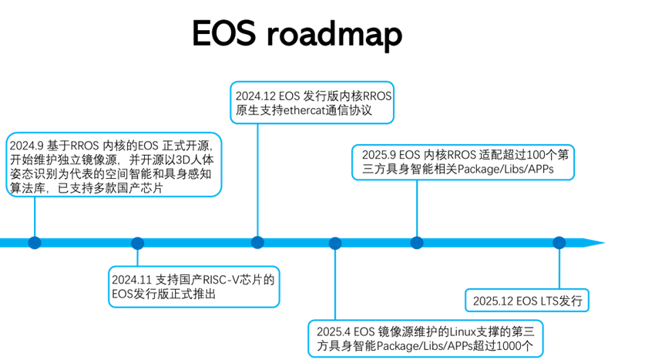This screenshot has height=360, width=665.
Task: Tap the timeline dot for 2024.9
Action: click(35, 242)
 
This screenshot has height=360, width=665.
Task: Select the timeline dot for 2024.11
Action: click(138, 243)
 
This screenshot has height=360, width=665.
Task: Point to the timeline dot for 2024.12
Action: click(257, 242)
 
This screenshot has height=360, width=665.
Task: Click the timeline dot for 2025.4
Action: click(335, 243)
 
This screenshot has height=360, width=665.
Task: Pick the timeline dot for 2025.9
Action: click(417, 242)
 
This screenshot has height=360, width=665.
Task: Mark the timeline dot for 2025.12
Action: click(558, 242)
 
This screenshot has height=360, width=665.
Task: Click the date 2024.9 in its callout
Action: click(25, 145)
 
